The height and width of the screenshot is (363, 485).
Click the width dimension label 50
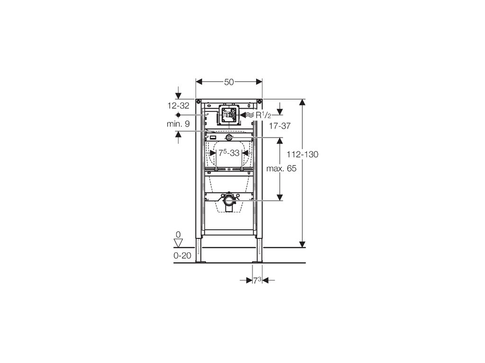229,82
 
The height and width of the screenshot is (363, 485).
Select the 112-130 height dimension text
302,155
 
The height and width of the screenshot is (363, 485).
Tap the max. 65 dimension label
281,169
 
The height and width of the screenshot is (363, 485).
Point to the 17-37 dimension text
279,126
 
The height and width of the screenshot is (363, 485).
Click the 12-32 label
179,106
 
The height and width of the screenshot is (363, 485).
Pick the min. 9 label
178,124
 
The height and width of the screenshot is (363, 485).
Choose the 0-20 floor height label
182,256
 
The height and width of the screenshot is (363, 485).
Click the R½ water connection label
263,115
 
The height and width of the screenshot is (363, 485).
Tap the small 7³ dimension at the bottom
257,280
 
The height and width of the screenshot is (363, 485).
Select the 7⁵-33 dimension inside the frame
229,153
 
